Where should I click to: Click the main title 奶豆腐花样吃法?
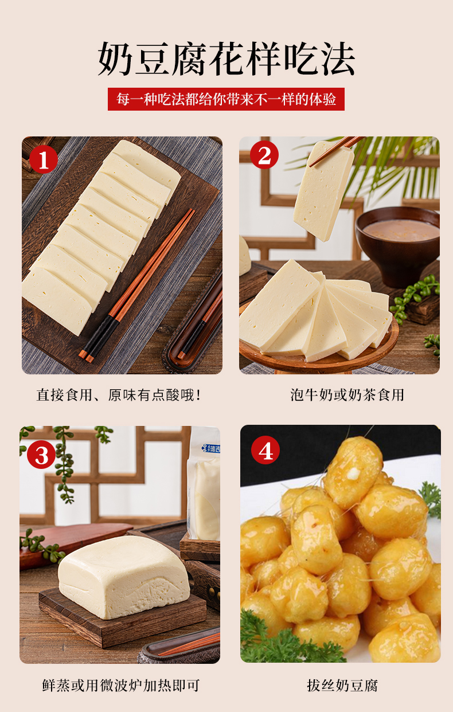(x=226, y=59)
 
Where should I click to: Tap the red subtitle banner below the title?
(x=226, y=99)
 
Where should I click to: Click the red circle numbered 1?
(x=44, y=159)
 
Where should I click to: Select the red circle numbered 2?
(x=264, y=155)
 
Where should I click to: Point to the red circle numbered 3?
(x=41, y=455)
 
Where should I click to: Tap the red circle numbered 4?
(x=265, y=450)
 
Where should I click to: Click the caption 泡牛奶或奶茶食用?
(x=347, y=395)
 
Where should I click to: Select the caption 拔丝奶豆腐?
(x=342, y=686)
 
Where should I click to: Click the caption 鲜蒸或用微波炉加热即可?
(x=121, y=686)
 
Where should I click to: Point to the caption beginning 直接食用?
(x=119, y=395)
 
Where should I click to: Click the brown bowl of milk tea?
(x=397, y=245)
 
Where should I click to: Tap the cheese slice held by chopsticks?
(x=323, y=191)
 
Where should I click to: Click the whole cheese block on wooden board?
(x=124, y=577)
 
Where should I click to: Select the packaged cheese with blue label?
(x=204, y=483)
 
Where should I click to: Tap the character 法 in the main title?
(x=338, y=59)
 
